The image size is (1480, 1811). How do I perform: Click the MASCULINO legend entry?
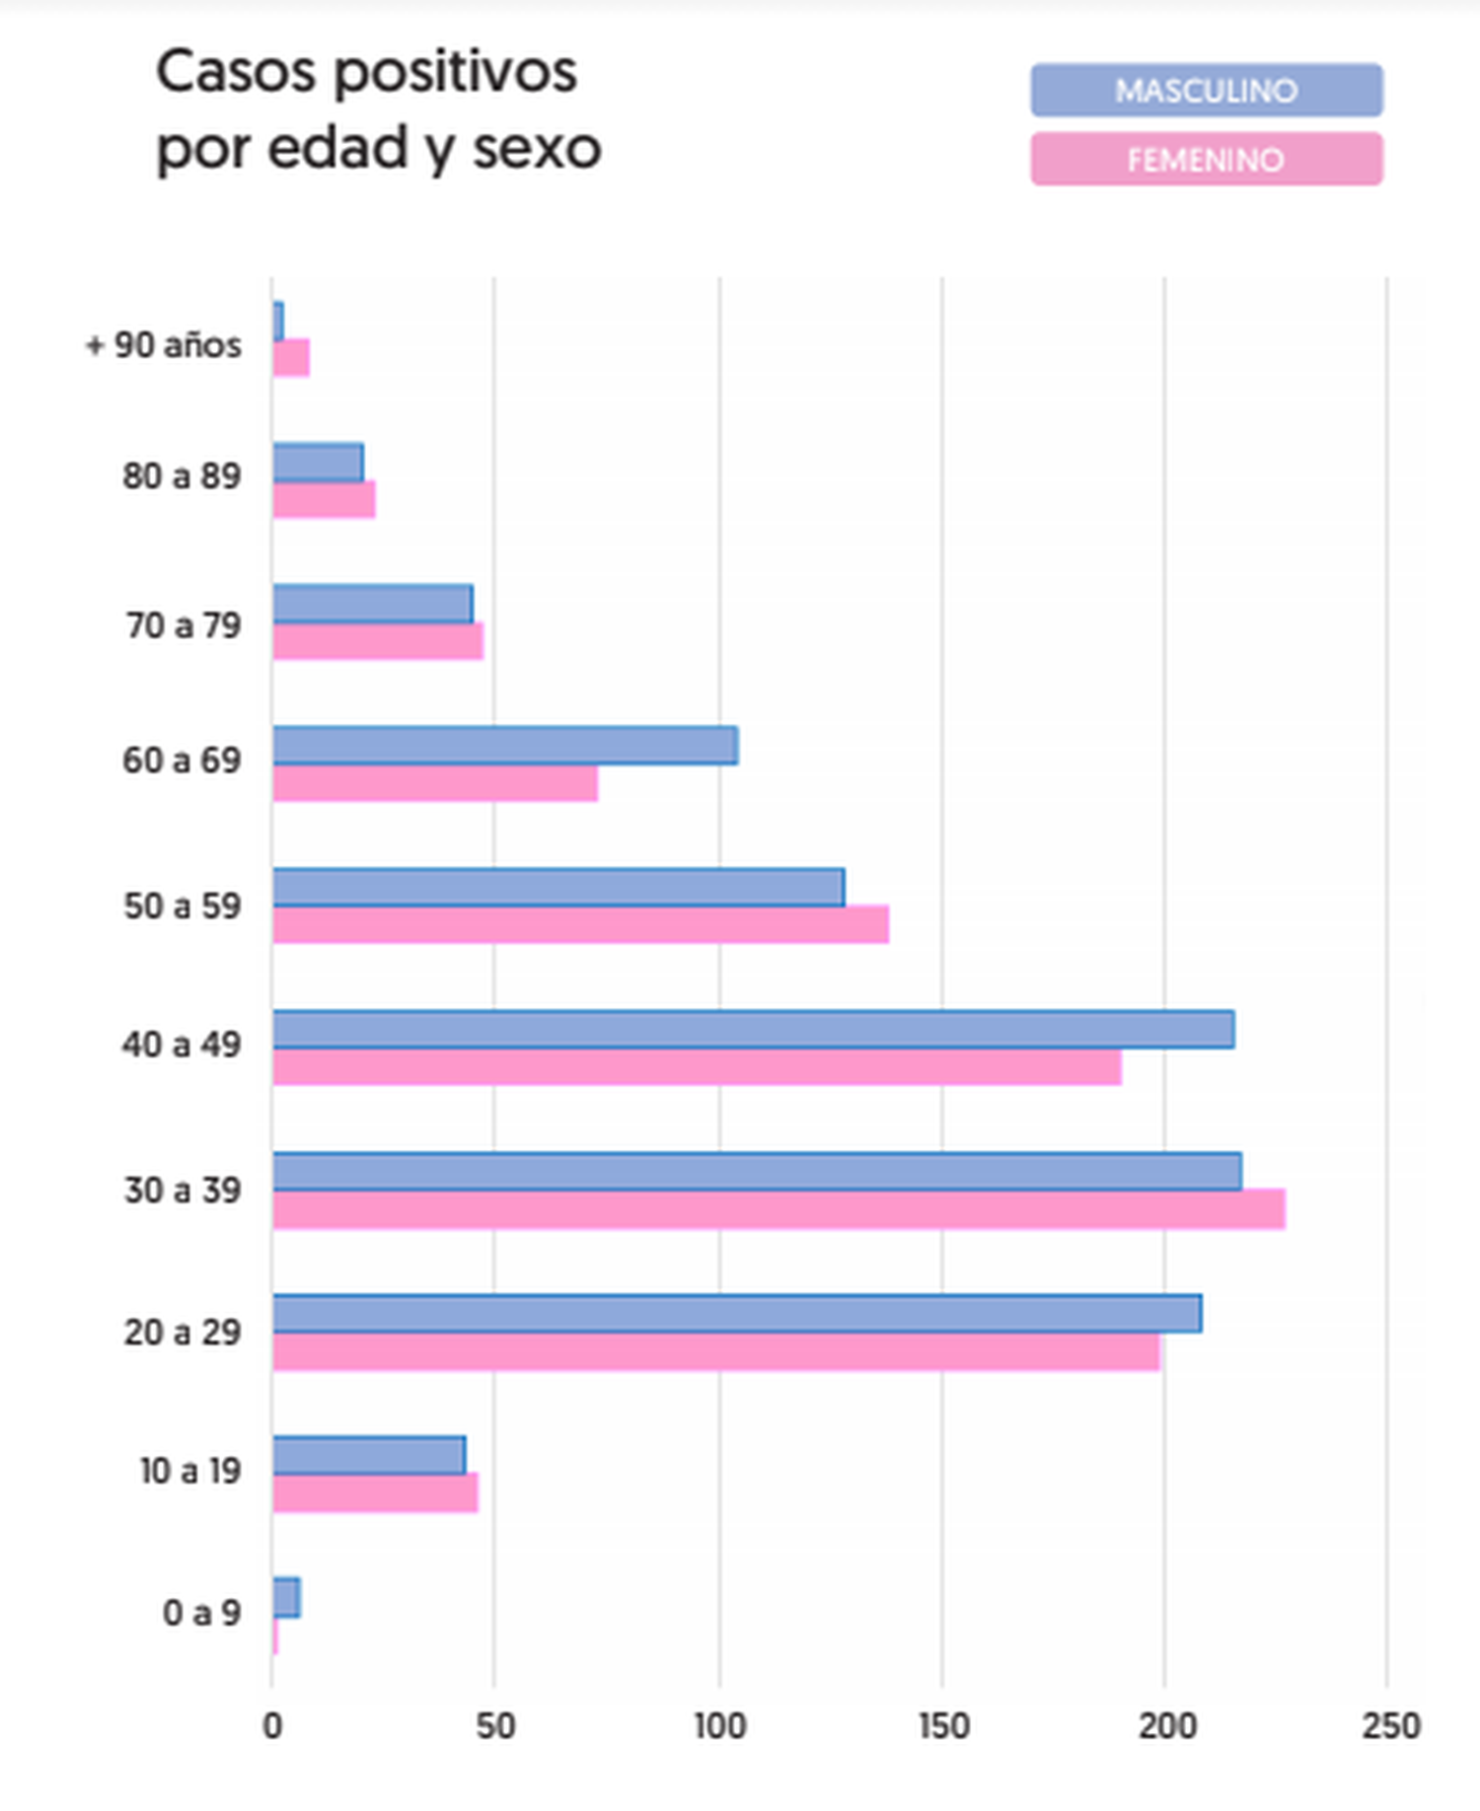click(x=1206, y=91)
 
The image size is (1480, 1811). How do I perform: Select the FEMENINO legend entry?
click(x=1206, y=160)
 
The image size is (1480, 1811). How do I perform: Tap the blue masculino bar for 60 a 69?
click(x=505, y=746)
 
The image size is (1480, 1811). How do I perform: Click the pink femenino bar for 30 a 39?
click(x=778, y=1209)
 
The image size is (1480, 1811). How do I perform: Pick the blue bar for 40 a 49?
click(x=753, y=1030)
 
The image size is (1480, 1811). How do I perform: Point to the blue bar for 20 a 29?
click(x=737, y=1314)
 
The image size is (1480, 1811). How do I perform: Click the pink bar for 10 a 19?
click(x=375, y=1493)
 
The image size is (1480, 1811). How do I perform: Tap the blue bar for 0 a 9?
click(x=287, y=1598)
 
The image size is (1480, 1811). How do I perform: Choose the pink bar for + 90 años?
click(x=291, y=358)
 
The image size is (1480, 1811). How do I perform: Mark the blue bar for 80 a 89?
click(x=318, y=463)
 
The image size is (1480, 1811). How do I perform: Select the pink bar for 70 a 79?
click(x=378, y=641)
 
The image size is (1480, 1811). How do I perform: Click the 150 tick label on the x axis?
click(x=943, y=1726)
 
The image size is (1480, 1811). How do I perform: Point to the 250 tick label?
click(x=1390, y=1726)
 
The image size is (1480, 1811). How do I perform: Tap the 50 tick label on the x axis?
click(x=495, y=1726)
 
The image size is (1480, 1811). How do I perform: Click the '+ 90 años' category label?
click(x=164, y=345)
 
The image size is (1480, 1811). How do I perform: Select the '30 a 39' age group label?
click(x=183, y=1191)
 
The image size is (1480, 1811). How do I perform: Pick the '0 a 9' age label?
click(x=201, y=1613)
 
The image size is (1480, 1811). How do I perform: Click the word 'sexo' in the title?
click(x=537, y=148)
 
